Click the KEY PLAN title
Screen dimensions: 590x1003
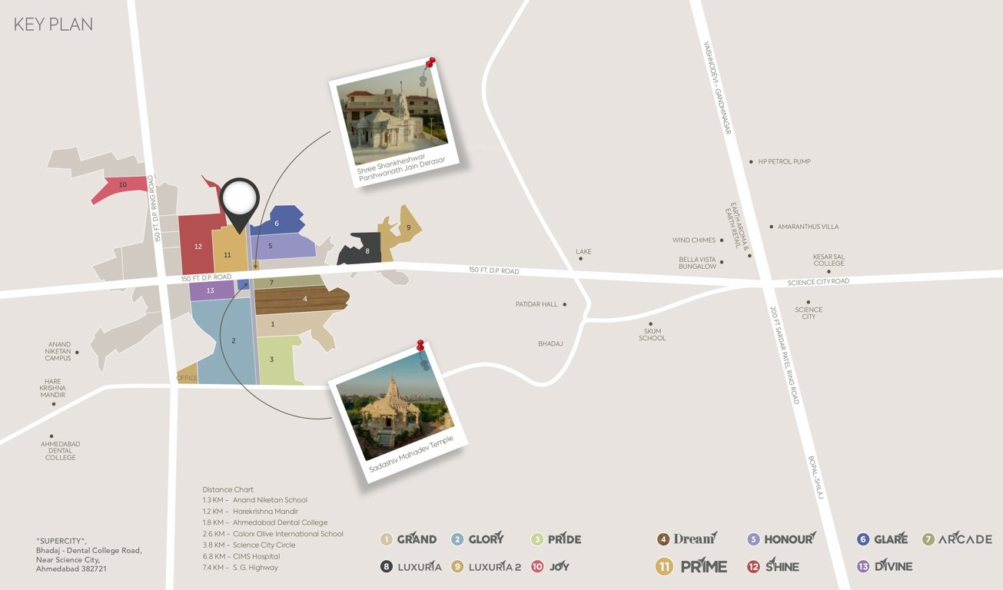click(53, 25)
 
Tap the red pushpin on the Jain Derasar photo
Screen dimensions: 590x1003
click(431, 61)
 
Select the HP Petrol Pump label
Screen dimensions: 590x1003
click(784, 161)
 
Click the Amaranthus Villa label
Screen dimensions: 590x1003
click(808, 227)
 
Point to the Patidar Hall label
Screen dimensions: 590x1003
click(536, 304)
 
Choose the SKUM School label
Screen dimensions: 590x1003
click(652, 335)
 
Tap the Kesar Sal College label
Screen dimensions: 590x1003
click(829, 260)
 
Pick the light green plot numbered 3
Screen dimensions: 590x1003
click(271, 360)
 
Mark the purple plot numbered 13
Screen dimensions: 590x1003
click(210, 290)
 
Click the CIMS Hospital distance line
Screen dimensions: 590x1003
click(241, 556)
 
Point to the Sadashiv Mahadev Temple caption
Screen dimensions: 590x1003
click(411, 453)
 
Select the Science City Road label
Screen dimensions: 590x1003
click(819, 282)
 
